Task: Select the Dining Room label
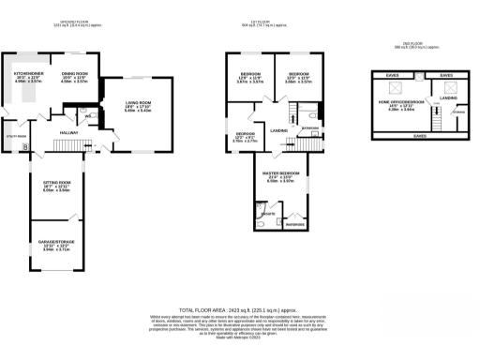(74, 72)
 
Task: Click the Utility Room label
(13, 137)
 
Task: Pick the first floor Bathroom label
(310, 127)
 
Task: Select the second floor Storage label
(457, 112)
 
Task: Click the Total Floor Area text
(239, 308)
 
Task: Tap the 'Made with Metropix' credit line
(239, 336)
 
